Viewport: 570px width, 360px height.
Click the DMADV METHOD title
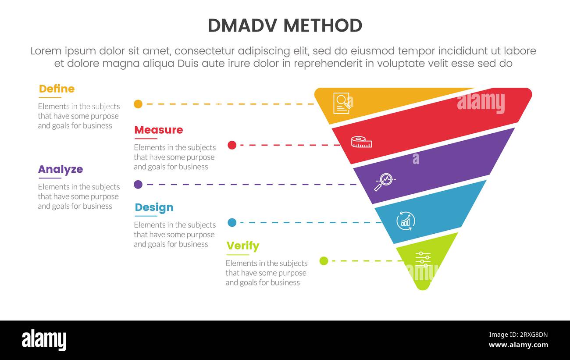click(285, 26)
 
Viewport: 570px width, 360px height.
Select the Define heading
click(57, 89)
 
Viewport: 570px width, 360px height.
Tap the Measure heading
click(158, 130)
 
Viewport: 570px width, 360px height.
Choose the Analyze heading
click(60, 169)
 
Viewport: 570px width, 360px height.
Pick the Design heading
click(154, 207)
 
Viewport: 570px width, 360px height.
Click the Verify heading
click(242, 246)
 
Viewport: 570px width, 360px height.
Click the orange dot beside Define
click(138, 104)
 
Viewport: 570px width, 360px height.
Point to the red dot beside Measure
click(232, 145)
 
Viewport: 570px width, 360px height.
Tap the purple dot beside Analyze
click(138, 185)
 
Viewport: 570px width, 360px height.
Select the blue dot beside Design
click(232, 223)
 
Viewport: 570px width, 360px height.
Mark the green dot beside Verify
click(324, 261)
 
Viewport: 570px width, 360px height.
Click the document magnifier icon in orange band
click(342, 103)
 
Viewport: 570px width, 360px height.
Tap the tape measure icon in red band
click(361, 142)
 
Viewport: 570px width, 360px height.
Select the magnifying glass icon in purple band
click(384, 182)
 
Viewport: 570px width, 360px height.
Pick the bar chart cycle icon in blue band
click(405, 220)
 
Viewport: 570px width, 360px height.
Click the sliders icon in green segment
click(422, 259)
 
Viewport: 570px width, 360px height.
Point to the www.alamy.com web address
click(518, 345)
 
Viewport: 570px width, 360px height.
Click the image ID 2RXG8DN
click(518, 335)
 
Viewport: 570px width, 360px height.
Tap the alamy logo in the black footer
click(44, 340)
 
